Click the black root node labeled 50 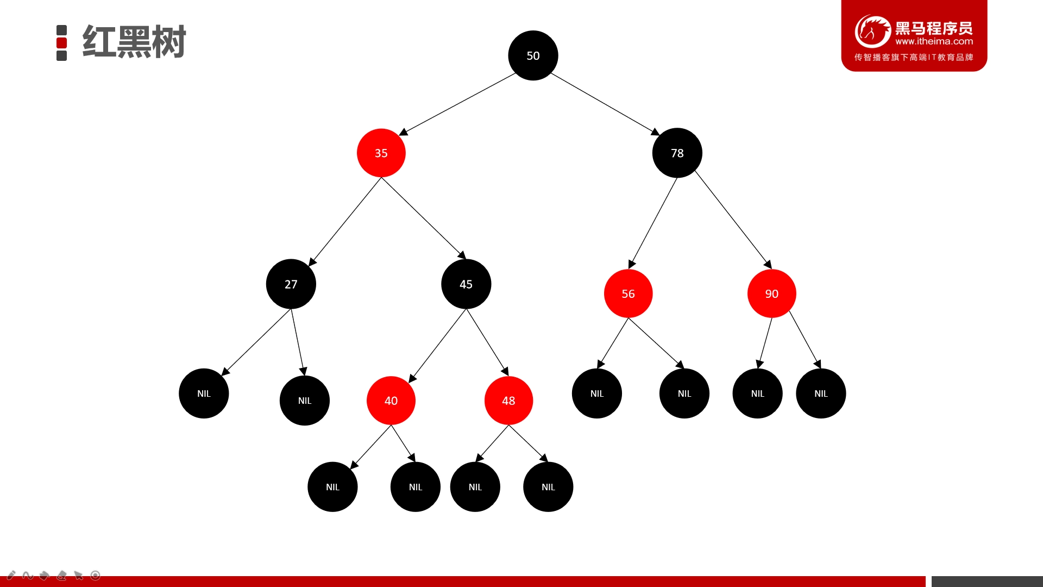533,55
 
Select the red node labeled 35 381,153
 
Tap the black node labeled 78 677,153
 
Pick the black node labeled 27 291,284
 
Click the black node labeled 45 466,284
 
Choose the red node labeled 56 628,293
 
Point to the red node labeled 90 771,293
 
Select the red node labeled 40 391,401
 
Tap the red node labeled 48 508,401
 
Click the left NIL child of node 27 204,394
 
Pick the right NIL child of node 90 821,394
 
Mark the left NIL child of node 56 596,394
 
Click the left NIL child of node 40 332,487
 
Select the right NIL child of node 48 548,487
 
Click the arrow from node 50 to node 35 457,104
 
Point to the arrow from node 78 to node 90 733,220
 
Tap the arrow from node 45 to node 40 437,346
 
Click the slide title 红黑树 134,42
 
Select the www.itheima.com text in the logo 934,41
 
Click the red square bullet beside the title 62,43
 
